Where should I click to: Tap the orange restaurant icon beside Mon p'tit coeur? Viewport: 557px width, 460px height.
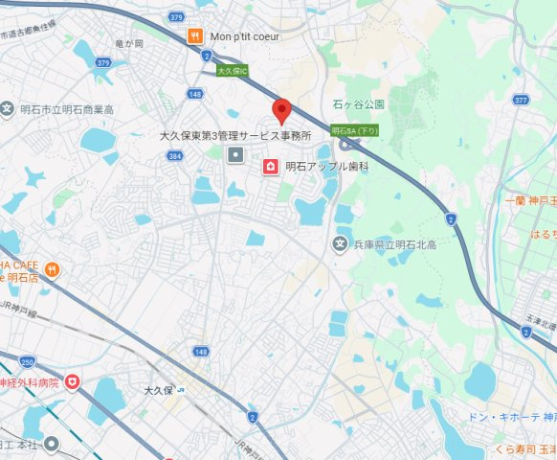pyautogui.click(x=194, y=36)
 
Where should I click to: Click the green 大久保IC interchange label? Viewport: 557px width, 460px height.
pyautogui.click(x=232, y=70)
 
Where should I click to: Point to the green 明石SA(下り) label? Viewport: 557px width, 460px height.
pyautogui.click(x=355, y=129)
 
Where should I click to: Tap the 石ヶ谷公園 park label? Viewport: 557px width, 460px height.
pyautogui.click(x=359, y=103)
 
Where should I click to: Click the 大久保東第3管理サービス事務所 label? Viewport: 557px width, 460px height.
pyautogui.click(x=235, y=136)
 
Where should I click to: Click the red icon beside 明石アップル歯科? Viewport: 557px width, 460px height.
pyautogui.click(x=271, y=167)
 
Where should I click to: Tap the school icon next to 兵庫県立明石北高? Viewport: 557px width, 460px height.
pyautogui.click(x=340, y=245)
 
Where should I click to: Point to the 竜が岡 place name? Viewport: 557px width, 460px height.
pyautogui.click(x=128, y=44)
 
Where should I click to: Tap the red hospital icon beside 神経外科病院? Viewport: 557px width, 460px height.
pyautogui.click(x=73, y=383)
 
